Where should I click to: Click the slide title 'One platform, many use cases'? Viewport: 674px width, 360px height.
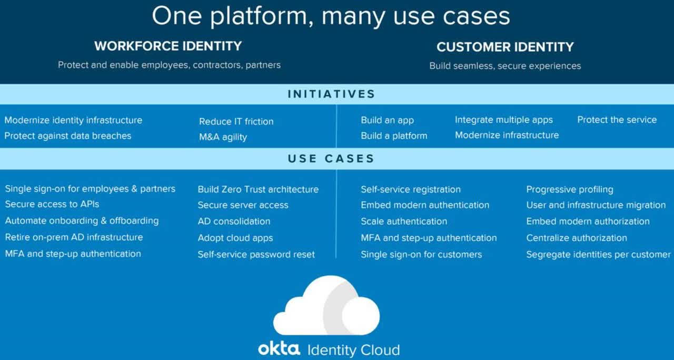point(331,16)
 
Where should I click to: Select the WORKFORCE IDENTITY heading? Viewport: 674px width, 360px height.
point(168,46)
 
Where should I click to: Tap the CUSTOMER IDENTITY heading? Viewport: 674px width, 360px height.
point(504,47)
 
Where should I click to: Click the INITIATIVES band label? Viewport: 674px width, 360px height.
point(331,94)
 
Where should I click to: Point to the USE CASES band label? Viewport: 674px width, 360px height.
point(331,158)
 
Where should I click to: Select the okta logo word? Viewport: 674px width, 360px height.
point(279,349)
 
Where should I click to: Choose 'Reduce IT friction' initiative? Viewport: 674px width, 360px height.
point(236,121)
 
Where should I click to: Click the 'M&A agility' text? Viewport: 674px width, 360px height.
point(223,137)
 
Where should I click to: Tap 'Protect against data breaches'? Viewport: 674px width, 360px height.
point(68,136)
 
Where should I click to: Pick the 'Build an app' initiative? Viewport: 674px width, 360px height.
point(387,120)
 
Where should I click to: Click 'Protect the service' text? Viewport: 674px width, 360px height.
point(617,119)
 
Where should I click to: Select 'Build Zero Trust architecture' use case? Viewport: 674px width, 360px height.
point(258,189)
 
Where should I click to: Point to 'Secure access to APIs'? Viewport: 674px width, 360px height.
point(52,204)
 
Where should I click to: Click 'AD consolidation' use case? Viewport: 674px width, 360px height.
point(234,221)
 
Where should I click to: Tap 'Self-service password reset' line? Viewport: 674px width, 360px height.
point(256,254)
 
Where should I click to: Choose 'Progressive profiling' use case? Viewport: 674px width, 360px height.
point(570,189)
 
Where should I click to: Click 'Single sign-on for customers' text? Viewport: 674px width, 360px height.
point(421,254)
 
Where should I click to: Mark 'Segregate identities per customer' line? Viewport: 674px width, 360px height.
point(598,254)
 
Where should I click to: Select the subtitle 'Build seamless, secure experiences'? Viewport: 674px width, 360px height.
point(505,66)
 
